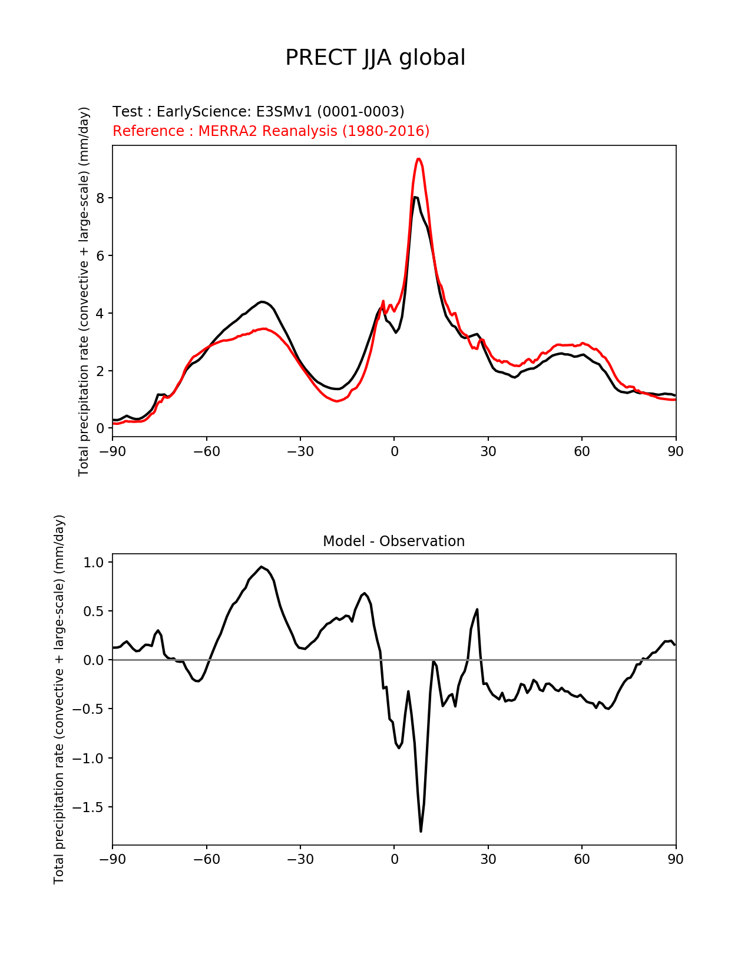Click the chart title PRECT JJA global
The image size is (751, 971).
(375, 58)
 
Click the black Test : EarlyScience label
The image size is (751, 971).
(258, 112)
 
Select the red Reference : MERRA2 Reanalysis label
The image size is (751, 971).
(271, 131)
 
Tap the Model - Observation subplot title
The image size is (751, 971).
(393, 541)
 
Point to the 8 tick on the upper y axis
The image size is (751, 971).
(101, 198)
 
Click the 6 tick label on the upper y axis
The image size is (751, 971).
(101, 256)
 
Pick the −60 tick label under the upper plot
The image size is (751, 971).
(206, 451)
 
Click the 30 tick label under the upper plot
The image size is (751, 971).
(488, 451)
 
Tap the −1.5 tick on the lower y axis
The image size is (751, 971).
(88, 807)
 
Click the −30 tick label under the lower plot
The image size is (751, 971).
(300, 859)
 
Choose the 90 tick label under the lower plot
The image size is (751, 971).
(676, 859)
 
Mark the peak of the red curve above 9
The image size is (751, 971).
(418, 159)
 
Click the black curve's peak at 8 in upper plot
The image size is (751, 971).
(415, 197)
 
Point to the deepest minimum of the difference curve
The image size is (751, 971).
(421, 831)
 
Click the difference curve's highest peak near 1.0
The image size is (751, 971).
(261, 567)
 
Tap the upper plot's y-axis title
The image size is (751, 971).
(84, 291)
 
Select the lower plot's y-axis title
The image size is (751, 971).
(59, 699)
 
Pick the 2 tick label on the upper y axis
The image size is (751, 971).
(101, 371)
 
